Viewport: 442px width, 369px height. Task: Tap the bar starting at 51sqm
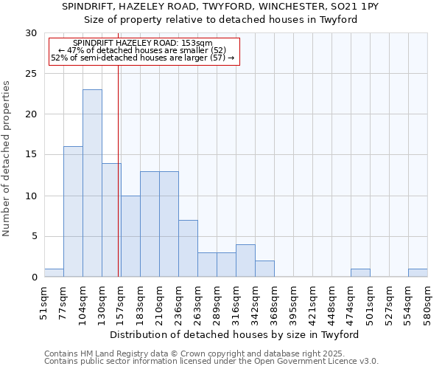54,273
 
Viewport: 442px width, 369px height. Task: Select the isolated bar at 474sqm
360,273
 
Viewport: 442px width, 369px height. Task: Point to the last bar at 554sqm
418,273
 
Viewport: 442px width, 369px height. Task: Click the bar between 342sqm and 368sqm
264,269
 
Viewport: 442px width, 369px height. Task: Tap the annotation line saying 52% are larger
142,58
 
